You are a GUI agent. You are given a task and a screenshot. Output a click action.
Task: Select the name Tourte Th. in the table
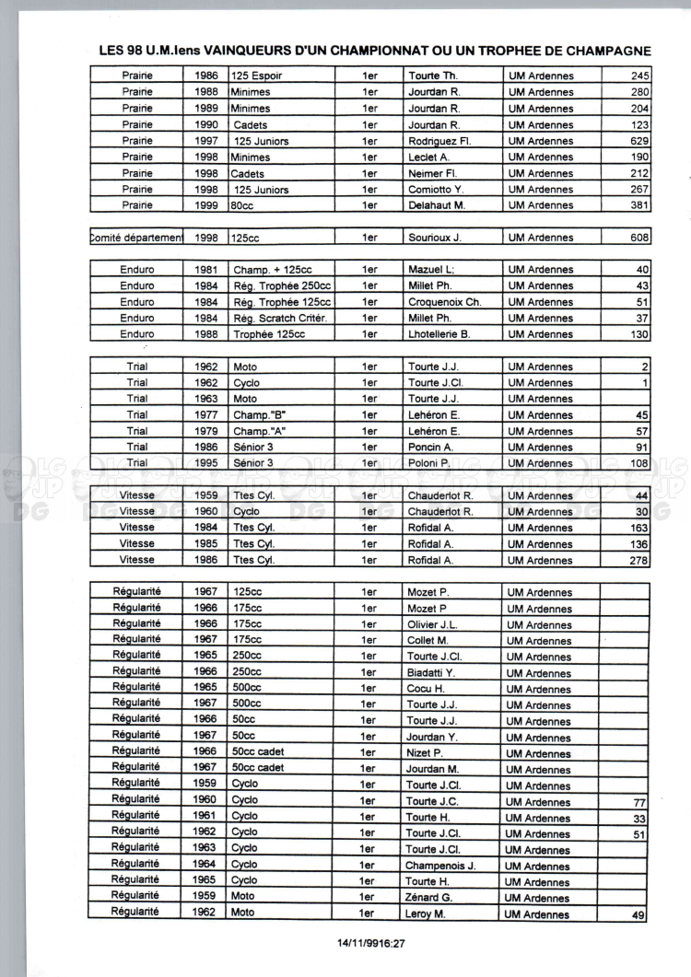click(x=433, y=76)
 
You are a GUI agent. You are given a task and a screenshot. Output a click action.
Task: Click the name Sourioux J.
click(x=436, y=238)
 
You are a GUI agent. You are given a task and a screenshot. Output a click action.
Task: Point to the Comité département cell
click(x=136, y=238)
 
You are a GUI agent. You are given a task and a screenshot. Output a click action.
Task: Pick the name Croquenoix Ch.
click(x=444, y=302)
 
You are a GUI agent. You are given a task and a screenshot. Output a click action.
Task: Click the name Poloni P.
click(x=428, y=463)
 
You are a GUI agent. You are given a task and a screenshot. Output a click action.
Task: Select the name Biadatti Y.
click(x=431, y=673)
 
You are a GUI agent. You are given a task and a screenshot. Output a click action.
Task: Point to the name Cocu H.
click(x=426, y=689)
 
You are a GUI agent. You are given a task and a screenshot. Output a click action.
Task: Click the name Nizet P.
click(x=425, y=753)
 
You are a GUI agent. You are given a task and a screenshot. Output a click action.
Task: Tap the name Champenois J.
click(x=440, y=866)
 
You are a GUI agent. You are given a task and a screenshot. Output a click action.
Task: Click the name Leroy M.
click(x=426, y=914)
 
